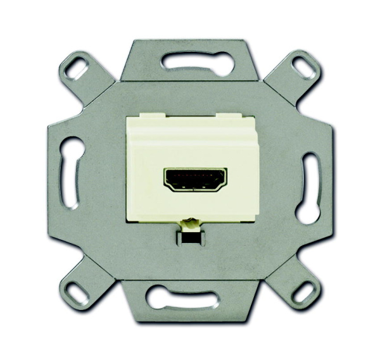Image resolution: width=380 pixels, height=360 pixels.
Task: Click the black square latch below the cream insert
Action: pyautogui.click(x=189, y=239)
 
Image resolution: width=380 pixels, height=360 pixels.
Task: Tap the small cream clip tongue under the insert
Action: pyautogui.click(x=189, y=223)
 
